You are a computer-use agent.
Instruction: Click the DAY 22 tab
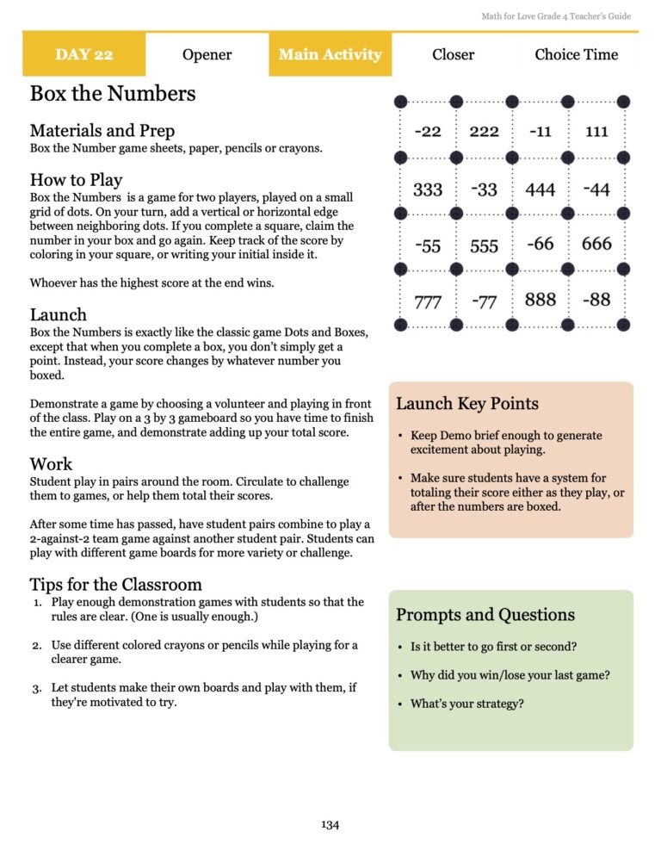point(83,54)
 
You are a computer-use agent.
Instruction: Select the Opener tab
point(207,54)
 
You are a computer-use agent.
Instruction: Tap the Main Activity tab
point(330,54)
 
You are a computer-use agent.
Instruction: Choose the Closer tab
point(453,54)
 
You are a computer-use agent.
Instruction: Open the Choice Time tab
point(576,54)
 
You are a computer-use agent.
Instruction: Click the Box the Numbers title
point(113,93)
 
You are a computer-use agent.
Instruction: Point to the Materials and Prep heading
point(102,131)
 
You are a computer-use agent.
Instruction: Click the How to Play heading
point(76,180)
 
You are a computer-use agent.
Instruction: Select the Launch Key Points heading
point(466,404)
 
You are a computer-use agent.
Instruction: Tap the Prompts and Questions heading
point(485,615)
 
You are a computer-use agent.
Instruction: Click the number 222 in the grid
point(484,132)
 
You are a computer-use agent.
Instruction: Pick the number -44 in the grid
point(596,189)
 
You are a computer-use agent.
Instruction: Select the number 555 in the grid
point(484,246)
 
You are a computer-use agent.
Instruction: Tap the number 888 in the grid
point(540,301)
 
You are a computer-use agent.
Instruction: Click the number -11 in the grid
point(541,132)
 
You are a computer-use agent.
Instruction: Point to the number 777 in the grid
point(428,302)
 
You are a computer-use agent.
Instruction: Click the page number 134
point(330,825)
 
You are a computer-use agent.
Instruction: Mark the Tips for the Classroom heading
point(115,586)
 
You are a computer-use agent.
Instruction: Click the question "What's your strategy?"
point(466,704)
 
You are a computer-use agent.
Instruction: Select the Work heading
point(51,464)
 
